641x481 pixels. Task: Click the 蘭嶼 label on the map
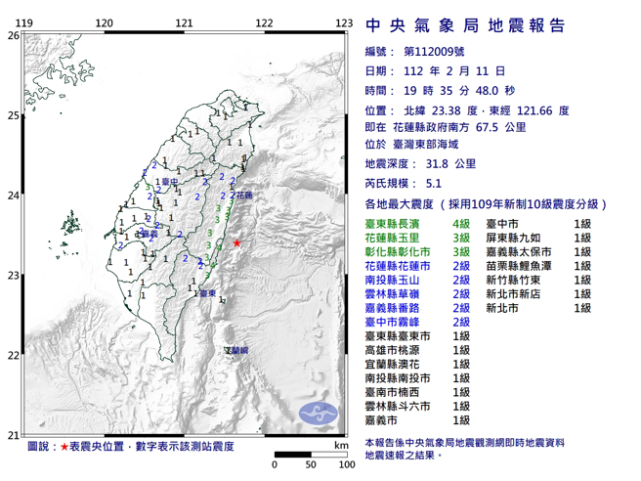click(x=235, y=349)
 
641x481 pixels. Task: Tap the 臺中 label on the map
click(x=170, y=182)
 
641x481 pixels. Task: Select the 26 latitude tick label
click(x=13, y=35)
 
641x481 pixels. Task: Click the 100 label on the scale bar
click(x=344, y=464)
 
